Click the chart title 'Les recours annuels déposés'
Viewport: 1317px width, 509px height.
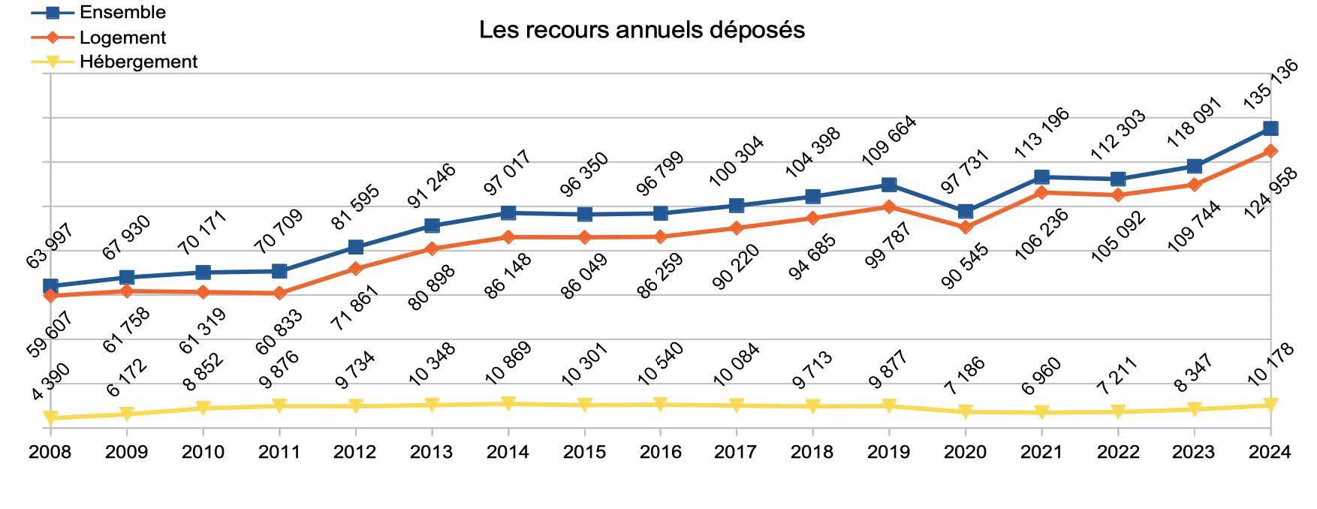coord(642,30)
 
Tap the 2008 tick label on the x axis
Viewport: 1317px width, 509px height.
coord(50,452)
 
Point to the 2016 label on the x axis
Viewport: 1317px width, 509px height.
coord(660,452)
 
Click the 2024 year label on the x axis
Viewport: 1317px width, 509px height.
coord(1269,452)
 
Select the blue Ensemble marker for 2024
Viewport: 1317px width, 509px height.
coord(1270,128)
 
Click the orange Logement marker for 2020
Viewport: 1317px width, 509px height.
coord(966,227)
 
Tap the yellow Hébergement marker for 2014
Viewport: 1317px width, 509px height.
coord(508,404)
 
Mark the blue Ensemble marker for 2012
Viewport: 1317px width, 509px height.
coord(356,247)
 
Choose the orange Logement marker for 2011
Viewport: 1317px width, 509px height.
coord(279,293)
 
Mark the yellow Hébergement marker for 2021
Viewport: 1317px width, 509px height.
coord(1041,412)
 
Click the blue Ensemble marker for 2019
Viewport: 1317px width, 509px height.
coord(889,185)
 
